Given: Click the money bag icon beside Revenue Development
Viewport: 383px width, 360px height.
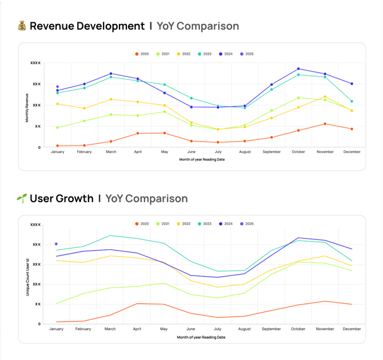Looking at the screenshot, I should pyautogui.click(x=22, y=26).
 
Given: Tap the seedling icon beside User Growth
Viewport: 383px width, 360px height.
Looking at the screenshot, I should pyautogui.click(x=22, y=198).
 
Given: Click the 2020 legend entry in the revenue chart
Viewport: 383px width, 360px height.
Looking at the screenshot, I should pyautogui.click(x=142, y=54).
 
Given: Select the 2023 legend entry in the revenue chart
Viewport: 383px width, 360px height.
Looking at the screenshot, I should pyautogui.click(x=205, y=54).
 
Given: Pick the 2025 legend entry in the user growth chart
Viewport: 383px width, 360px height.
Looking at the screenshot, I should pyautogui.click(x=246, y=224).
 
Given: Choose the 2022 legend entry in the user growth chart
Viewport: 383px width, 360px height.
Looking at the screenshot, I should pyautogui.click(x=183, y=224).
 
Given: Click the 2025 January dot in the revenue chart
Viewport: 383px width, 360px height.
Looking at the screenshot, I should pyautogui.click(x=57, y=87).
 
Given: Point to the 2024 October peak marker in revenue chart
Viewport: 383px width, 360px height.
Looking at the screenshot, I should pyautogui.click(x=298, y=69).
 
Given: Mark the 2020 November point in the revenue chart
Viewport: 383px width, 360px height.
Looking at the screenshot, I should pyautogui.click(x=325, y=124).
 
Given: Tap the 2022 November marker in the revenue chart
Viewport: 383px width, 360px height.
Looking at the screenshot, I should pyautogui.click(x=325, y=97).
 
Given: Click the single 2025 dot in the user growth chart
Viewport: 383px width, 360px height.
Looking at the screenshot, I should pyautogui.click(x=56, y=244).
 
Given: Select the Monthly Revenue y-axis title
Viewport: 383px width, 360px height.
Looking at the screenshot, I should pyautogui.click(x=27, y=108).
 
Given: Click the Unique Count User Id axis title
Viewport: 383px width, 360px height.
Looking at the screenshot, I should pyautogui.click(x=27, y=277).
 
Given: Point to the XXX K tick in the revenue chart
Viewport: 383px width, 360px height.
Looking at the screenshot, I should pyautogui.click(x=35, y=63).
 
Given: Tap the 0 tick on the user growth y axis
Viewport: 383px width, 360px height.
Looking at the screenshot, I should pyautogui.click(x=39, y=324).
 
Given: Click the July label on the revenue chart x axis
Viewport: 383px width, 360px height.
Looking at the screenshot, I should pyautogui.click(x=217, y=152).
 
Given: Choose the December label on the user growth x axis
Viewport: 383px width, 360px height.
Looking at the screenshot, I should pyautogui.click(x=352, y=329).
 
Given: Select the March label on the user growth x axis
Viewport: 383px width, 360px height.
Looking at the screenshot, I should pyautogui.click(x=110, y=329).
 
